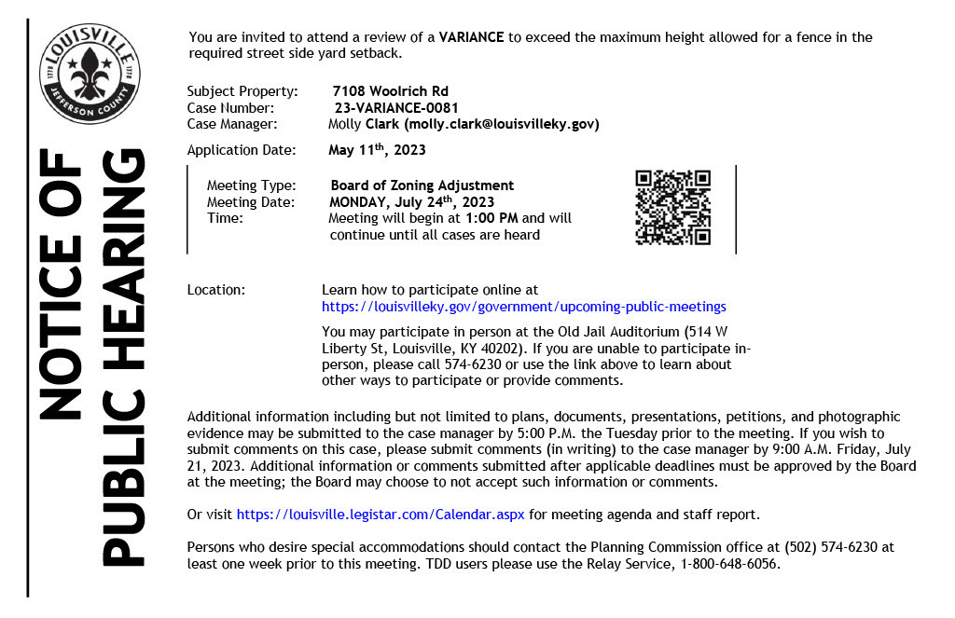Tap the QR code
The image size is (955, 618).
tap(672, 208)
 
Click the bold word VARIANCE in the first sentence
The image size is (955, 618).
tap(471, 37)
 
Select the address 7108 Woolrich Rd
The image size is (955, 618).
tap(390, 91)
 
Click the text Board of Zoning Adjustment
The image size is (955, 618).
tap(422, 185)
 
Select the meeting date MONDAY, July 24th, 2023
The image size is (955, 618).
tap(411, 201)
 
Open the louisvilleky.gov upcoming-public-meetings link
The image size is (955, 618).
tap(523, 306)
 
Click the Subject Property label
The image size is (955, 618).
tap(242, 91)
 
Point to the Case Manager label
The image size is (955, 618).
tap(231, 124)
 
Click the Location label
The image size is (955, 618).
tap(216, 290)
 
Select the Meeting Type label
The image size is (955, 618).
tap(251, 185)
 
